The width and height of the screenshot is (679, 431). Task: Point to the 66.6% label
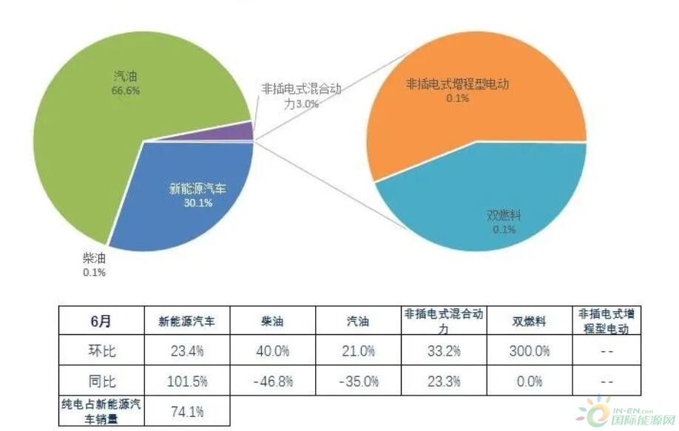126,90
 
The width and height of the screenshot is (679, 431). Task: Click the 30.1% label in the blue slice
198,203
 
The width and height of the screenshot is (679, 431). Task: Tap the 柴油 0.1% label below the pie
94,265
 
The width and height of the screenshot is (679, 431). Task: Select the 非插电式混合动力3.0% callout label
301,96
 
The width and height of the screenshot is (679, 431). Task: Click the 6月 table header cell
101,321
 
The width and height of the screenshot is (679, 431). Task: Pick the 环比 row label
101,350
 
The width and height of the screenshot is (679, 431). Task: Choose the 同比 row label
101,381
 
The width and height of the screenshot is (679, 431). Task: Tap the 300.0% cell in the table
529,350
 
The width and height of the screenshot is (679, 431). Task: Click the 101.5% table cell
187,381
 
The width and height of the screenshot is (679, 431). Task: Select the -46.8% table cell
273,381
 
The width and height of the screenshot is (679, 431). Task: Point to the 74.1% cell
187,411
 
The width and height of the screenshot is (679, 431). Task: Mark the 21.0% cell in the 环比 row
358,350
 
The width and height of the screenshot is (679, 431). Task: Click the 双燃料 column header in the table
529,321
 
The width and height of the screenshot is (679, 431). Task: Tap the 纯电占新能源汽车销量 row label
101,411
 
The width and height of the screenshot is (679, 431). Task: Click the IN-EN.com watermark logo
626,411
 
